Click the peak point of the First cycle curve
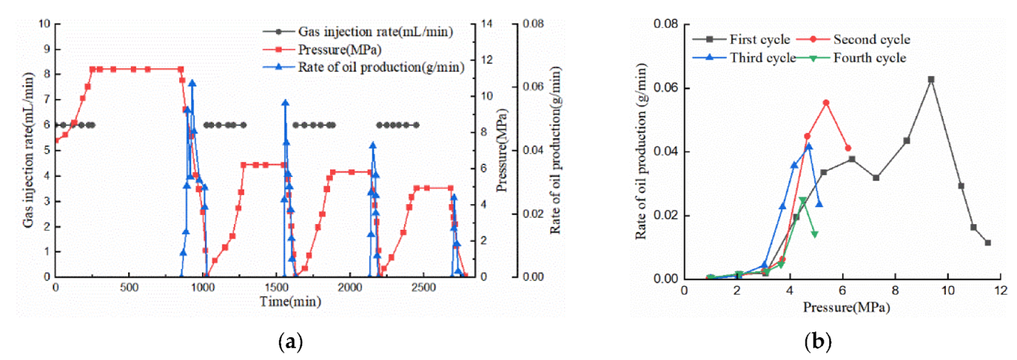(x=931, y=80)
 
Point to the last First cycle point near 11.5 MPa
(x=988, y=243)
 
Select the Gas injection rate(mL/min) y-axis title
(x=28, y=150)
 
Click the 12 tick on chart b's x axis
(x=1001, y=290)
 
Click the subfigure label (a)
(x=289, y=343)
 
